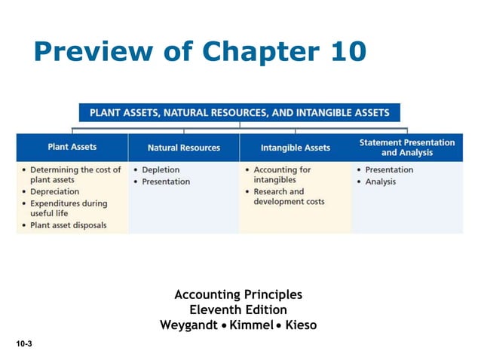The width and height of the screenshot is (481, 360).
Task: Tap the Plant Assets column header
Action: pos(72,147)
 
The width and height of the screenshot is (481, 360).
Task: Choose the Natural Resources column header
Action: pos(184,148)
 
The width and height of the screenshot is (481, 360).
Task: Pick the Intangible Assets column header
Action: pos(296,148)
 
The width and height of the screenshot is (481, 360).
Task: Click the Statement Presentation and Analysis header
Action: pos(407,147)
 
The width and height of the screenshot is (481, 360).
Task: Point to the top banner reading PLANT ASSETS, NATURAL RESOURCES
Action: pos(240,113)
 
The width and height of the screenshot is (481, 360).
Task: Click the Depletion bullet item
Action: pos(161,170)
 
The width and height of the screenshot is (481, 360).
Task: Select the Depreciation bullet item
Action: pos(54,192)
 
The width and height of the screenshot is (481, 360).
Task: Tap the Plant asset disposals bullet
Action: pos(68,225)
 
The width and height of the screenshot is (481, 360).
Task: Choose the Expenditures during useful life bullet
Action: pos(68,209)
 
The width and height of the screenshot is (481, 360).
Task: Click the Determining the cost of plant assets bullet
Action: pos(75,175)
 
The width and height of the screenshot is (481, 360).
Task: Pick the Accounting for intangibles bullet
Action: pos(281,175)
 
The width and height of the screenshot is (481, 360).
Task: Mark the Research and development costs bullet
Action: pos(289,197)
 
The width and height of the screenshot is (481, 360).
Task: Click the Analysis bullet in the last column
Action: pos(380,182)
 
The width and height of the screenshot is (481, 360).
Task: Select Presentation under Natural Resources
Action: pos(166,182)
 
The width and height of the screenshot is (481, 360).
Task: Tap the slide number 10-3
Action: pos(25,343)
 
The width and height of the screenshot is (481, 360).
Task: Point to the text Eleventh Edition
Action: pos(238,310)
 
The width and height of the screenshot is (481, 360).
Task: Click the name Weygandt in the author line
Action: pos(191,325)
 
